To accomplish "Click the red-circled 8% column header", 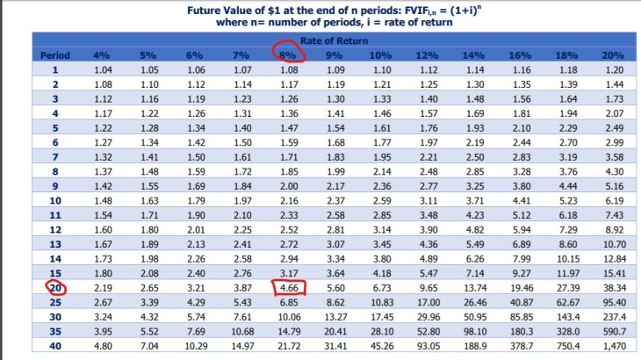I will coord(287,55).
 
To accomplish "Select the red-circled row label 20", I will coord(55,287).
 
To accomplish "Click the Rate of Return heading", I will coord(335,40).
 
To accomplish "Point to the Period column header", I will coord(54,55).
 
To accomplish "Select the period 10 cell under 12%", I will coord(429,200).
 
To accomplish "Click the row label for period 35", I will coord(55,331).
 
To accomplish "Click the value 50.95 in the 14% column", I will coord(474,316).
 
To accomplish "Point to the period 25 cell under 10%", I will coord(382,302).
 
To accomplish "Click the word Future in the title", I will coord(207,11).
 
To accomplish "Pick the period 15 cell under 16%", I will coord(522,273).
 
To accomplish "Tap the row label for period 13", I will coord(55,244).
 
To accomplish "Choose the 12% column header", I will coord(429,55).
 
